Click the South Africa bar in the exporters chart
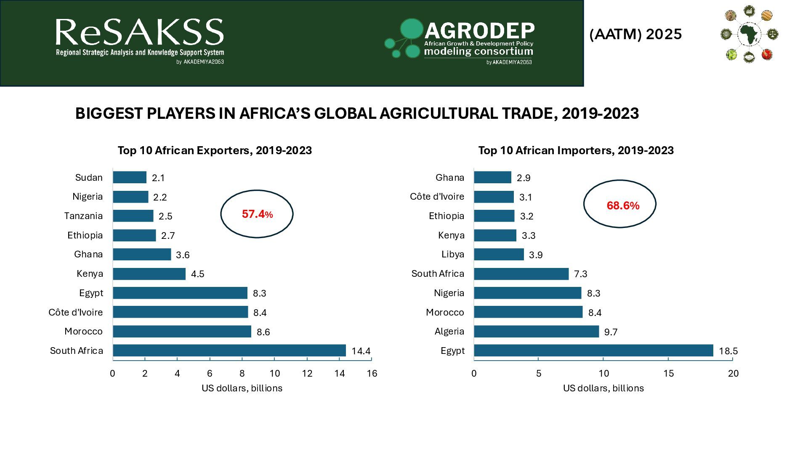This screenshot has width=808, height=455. (229, 351)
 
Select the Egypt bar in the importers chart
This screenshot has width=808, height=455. (593, 351)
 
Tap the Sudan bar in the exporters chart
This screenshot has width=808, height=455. (130, 177)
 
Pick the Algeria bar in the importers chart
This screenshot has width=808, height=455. (536, 332)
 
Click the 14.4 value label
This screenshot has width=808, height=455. (361, 351)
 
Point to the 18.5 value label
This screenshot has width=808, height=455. (728, 351)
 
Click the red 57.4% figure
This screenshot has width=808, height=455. (257, 214)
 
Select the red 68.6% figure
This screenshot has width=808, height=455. (623, 206)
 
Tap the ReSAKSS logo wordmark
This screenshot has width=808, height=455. (139, 33)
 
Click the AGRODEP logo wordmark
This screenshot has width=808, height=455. (479, 31)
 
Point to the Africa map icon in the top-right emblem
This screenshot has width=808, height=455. (749, 34)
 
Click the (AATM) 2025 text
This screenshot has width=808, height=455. (635, 34)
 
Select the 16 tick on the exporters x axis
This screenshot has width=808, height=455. (372, 373)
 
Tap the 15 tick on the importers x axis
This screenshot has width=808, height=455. (668, 373)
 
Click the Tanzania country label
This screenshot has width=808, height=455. (83, 216)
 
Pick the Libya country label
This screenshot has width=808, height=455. (453, 254)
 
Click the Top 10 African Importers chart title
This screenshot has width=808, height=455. (576, 150)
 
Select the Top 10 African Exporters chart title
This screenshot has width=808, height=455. (215, 150)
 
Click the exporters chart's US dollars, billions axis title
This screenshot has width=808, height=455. (242, 388)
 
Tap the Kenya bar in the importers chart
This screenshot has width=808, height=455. (495, 235)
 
